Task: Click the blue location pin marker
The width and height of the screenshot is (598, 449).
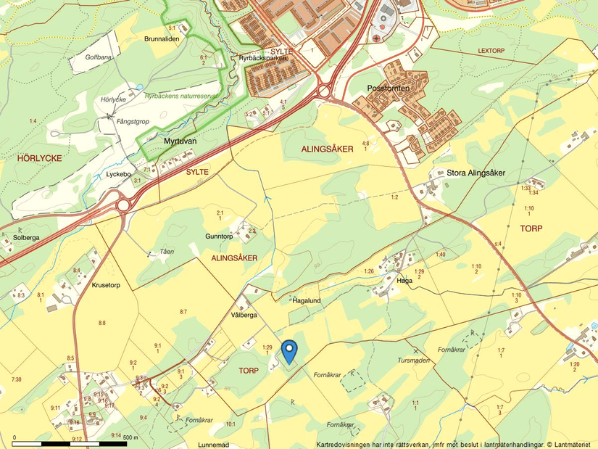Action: pos(289,351)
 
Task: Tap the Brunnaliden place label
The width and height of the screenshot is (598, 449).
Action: pos(162,38)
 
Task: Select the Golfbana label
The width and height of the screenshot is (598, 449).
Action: pos(99,56)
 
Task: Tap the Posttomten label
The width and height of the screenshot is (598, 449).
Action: pos(389,88)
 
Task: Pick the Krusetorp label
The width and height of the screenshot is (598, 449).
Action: pos(109,285)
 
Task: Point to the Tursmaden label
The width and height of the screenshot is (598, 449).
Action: pos(414,360)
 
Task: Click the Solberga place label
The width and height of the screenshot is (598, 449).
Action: pos(25,237)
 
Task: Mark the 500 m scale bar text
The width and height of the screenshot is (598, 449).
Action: pos(130,437)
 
